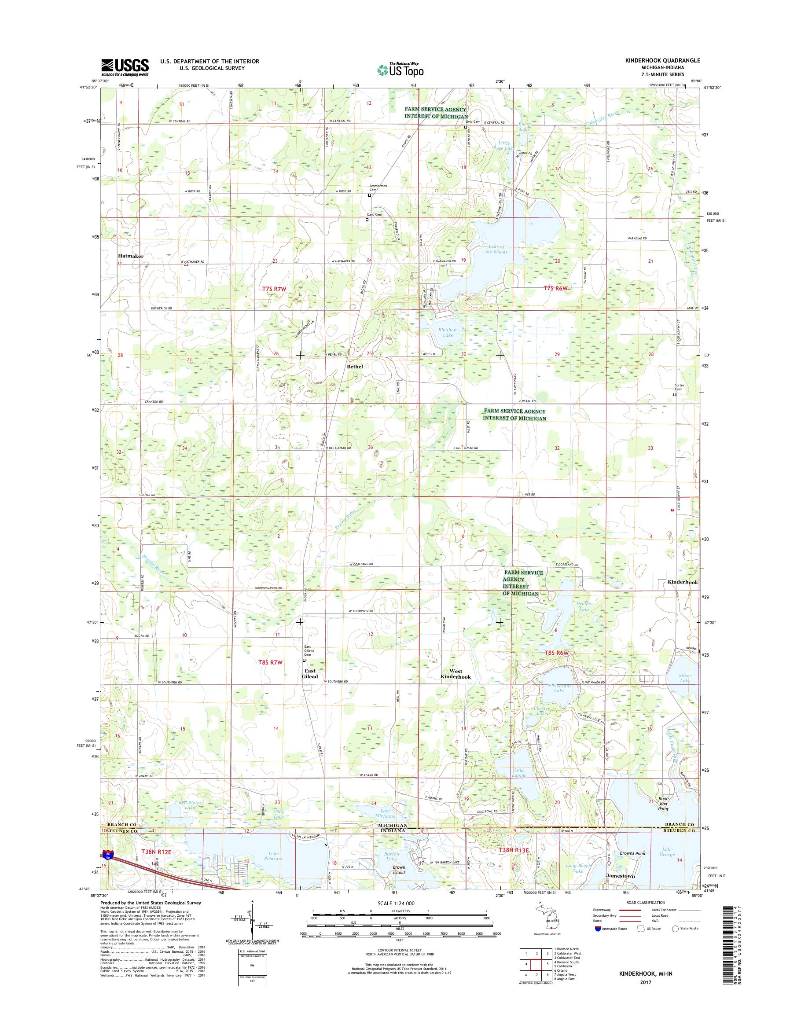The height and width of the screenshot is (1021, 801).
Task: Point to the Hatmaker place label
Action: click(131, 256)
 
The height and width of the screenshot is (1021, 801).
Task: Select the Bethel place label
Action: click(355, 366)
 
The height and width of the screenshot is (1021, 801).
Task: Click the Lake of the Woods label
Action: click(496, 249)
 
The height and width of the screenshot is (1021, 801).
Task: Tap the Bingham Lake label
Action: click(448, 333)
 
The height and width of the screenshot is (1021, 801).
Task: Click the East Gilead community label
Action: click(309, 673)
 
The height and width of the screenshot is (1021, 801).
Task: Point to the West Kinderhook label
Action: click(456, 674)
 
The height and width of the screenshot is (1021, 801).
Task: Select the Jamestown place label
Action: click(621, 876)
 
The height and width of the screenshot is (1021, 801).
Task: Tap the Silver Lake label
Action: click(685, 678)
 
